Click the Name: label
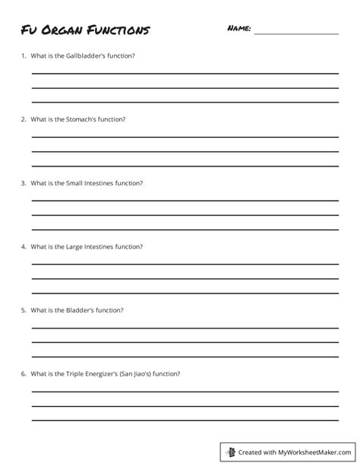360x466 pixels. [x=238, y=29]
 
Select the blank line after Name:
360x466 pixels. [x=296, y=33]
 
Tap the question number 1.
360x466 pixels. [x=24, y=56]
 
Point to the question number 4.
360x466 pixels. [x=24, y=246]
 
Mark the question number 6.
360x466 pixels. [x=24, y=374]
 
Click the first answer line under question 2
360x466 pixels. [x=185, y=137]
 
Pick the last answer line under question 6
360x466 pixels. [x=185, y=420]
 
